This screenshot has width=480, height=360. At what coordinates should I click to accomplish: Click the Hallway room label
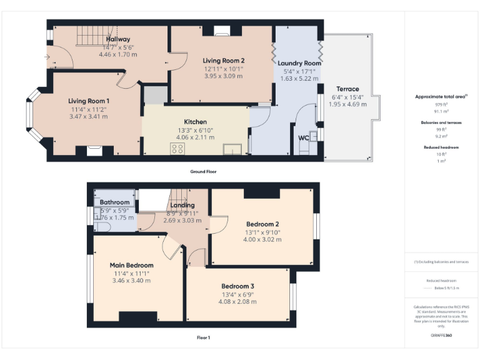tap(117, 39)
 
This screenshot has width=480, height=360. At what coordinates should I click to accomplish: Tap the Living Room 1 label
tap(89, 101)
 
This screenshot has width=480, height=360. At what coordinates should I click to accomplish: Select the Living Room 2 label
tap(224, 61)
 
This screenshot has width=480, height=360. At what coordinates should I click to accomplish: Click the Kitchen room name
tap(195, 122)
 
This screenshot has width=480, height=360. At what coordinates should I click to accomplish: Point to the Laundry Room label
tap(299, 63)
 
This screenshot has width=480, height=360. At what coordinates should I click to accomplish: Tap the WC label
tap(304, 137)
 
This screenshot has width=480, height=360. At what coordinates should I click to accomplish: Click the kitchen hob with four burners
tap(177, 149)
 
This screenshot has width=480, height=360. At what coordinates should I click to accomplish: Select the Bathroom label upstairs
tap(114, 202)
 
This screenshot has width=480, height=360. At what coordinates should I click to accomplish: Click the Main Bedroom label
tap(131, 265)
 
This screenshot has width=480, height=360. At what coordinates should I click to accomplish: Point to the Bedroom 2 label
tap(262, 224)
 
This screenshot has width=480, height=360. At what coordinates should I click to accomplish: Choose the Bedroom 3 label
tap(237, 286)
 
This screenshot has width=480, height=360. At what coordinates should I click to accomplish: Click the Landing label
tap(182, 205)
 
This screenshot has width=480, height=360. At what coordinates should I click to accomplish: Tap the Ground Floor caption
tap(203, 171)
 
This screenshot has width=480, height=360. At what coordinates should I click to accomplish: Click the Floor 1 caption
tap(203, 337)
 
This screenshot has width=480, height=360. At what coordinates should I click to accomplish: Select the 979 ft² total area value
tap(441, 105)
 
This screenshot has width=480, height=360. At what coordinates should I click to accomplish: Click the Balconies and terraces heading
tap(441, 122)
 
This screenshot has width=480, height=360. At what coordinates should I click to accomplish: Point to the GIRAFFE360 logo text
tap(441, 336)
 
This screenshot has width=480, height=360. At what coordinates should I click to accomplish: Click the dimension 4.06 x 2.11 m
tap(195, 137)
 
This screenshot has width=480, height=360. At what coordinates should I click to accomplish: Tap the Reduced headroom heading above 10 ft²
tap(441, 147)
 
